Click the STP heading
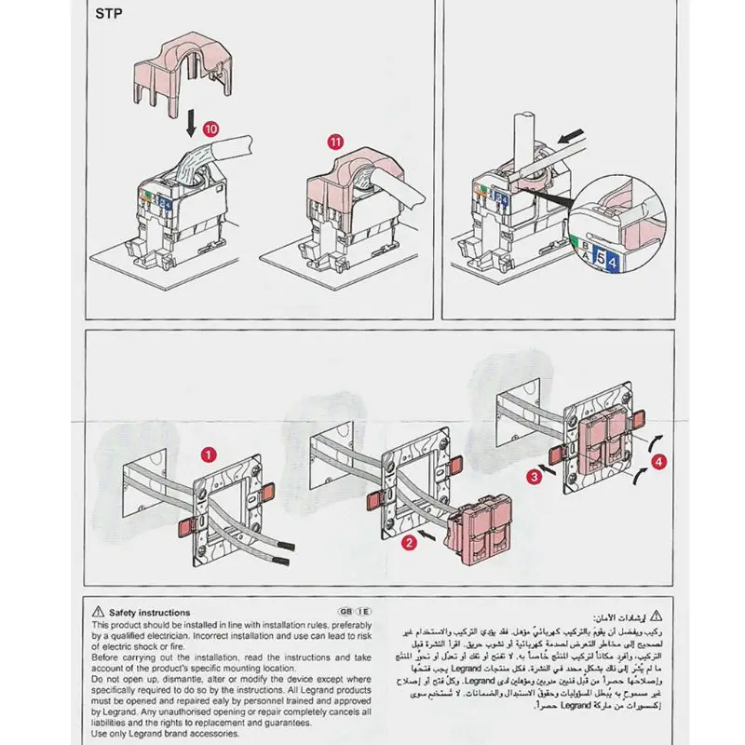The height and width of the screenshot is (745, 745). point(111,14)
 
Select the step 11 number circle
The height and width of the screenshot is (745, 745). point(335,142)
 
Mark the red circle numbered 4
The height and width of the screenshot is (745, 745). point(659,459)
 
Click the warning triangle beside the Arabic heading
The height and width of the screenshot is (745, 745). point(657,616)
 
